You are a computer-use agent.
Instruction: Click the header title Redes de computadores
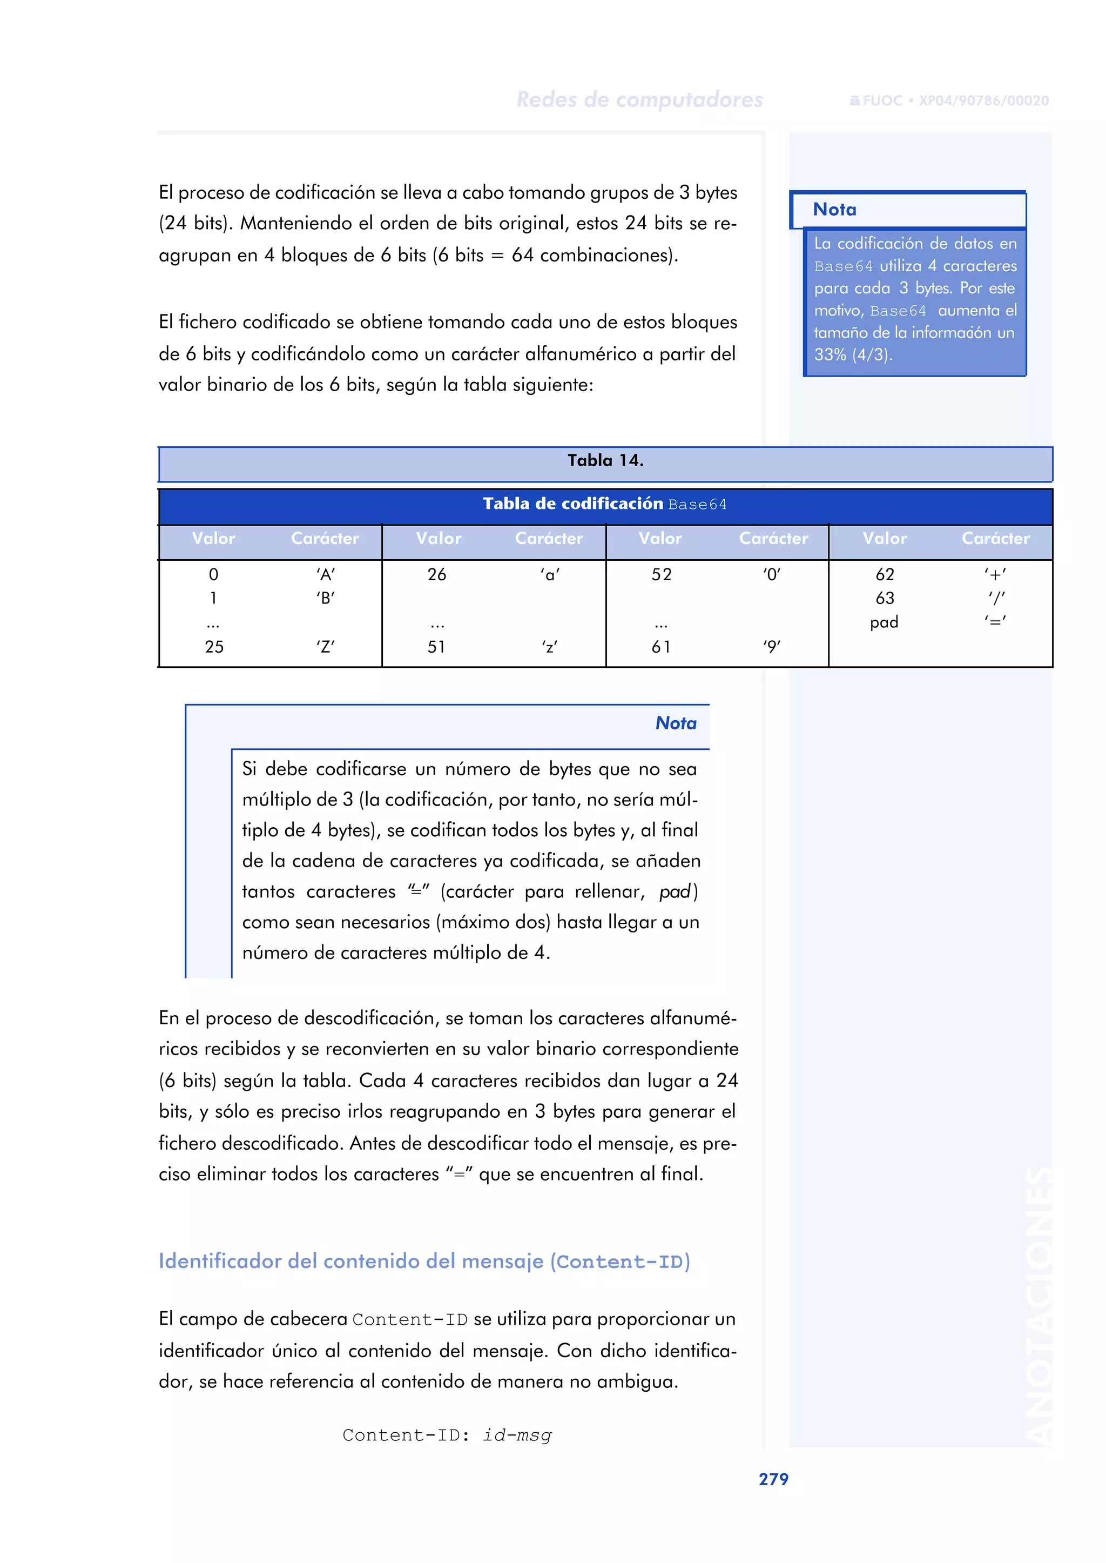coord(639,99)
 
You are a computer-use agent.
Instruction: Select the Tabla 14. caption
coord(605,461)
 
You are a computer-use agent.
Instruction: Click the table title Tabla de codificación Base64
coord(605,504)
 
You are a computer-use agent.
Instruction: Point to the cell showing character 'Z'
coord(326,647)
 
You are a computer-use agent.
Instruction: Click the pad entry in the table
coord(884,622)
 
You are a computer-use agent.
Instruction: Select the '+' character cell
coord(995,574)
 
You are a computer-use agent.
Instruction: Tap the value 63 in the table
coord(884,598)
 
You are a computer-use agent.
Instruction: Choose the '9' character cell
coord(772,647)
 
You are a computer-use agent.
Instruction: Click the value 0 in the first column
coord(213,574)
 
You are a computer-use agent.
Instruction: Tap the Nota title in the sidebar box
coord(834,209)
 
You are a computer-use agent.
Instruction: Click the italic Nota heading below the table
coord(676,723)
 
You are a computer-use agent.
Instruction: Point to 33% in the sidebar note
coord(829,355)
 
